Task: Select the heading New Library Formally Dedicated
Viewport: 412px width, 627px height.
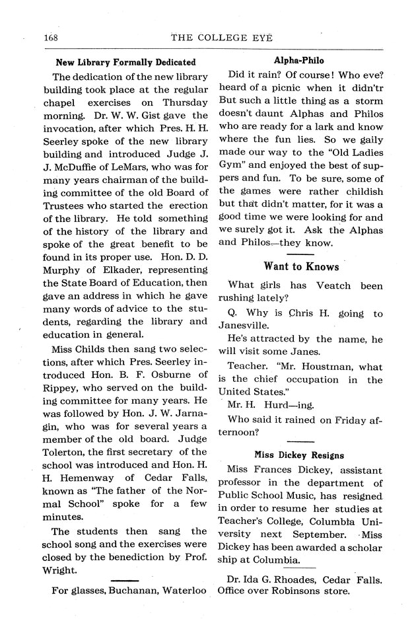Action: pos(125,62)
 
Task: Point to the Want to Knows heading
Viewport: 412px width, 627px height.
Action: pos(302,266)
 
